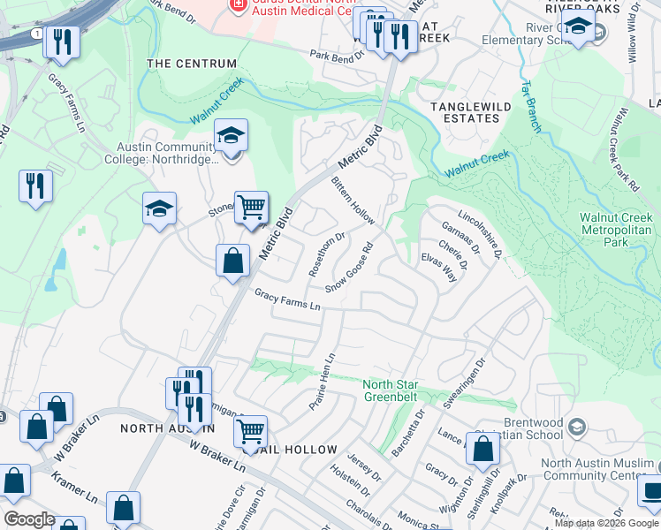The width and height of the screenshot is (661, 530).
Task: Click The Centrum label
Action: pos(192,64)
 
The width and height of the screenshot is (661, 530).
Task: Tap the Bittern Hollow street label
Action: pos(353,201)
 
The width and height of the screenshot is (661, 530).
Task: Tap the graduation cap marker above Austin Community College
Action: pos(231,136)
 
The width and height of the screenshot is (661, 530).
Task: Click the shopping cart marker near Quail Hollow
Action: pos(251,432)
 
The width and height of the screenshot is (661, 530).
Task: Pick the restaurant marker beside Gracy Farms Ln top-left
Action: pos(63,42)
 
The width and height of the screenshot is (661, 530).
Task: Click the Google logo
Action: pos(30,519)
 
